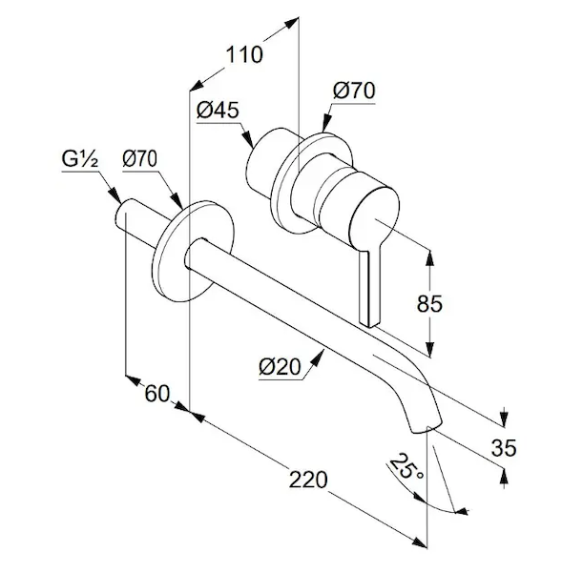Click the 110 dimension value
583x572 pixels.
244,54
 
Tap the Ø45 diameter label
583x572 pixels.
218,111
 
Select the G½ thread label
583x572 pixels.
80,159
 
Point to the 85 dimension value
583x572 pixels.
429,304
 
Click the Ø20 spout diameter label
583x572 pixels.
280,367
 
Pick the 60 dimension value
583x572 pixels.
157,394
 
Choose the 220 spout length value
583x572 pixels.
308,480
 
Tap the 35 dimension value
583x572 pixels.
504,447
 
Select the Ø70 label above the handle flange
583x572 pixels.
354,91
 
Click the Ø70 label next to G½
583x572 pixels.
140,159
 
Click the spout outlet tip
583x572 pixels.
427,428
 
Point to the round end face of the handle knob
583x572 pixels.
375,218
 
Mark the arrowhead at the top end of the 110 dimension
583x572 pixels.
292,22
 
